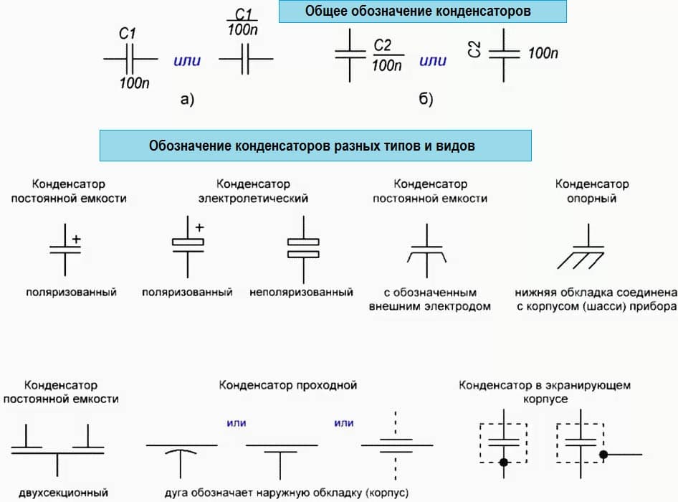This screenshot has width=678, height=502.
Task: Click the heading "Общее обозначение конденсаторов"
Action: [x=422, y=12]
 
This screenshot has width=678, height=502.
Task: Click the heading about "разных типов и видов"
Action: [x=315, y=145]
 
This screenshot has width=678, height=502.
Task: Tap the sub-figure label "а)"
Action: [x=187, y=100]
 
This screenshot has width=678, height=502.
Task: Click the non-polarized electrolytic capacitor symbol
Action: [x=302, y=248]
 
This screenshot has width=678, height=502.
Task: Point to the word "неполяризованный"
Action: [x=301, y=293]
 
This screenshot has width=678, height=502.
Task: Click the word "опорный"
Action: [x=592, y=199]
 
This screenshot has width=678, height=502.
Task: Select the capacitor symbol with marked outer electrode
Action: [x=428, y=251]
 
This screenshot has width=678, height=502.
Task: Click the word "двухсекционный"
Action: [x=65, y=493]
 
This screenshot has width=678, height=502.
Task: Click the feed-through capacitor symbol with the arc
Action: [x=181, y=453]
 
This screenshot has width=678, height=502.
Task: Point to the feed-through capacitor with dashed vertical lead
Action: [x=395, y=445]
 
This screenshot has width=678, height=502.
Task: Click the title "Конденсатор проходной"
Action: [x=288, y=385]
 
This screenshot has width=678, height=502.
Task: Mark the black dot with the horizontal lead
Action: [x=604, y=455]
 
